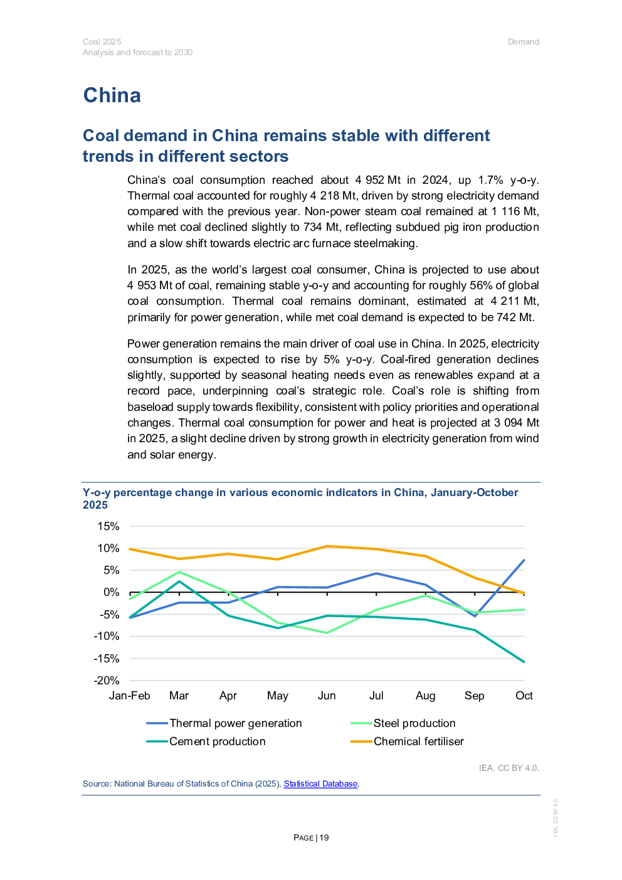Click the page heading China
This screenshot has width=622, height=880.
coord(112,95)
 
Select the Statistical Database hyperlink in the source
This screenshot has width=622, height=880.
coord(320,783)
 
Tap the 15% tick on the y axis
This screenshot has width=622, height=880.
coord(108,526)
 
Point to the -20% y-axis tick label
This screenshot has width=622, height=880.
coord(107,681)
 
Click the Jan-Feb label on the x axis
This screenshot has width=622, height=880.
coord(130,696)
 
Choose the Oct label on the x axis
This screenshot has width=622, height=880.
coord(524,696)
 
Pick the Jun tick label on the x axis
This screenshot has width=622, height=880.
coord(327,696)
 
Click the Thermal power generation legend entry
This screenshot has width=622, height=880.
coord(235,723)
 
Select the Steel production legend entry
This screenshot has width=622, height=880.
coord(414,723)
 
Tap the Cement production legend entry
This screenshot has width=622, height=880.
coord(217,741)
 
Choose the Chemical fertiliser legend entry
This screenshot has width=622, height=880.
coord(418,741)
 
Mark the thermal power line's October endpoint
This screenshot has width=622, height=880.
coord(524,560)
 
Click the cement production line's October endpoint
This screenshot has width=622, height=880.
coord(524,662)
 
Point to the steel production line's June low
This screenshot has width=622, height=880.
coord(327,633)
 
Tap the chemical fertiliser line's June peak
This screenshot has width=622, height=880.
coord(327,546)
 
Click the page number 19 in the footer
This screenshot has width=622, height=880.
coord(324,838)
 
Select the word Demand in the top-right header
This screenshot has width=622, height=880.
coord(524,42)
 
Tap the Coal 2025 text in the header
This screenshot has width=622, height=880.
coord(102,42)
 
